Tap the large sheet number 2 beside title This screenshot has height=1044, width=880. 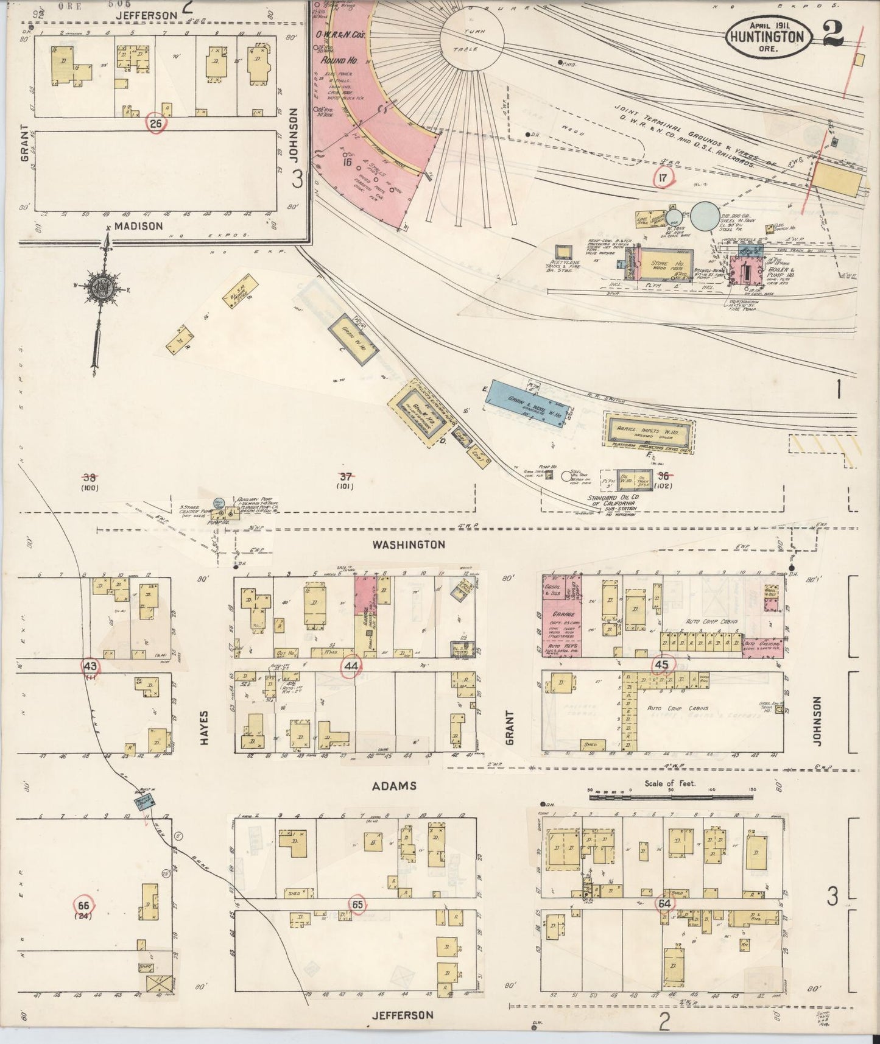832,34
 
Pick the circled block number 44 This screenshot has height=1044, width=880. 351,666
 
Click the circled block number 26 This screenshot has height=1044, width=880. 156,124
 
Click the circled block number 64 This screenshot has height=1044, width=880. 663,903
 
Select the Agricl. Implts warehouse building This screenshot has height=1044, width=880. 649,431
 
